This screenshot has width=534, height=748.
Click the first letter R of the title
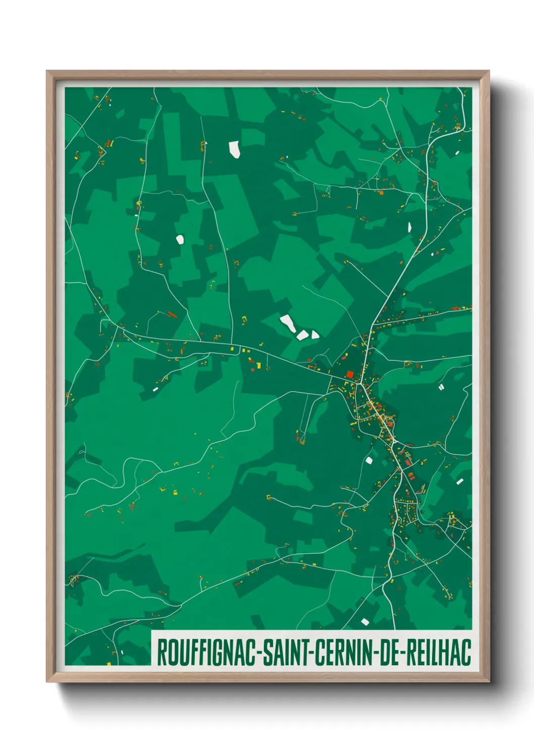click(163, 652)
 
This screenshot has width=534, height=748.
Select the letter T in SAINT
click(307, 652)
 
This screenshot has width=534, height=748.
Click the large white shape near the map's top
click(235, 149)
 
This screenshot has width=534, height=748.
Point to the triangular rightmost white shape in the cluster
click(314, 334)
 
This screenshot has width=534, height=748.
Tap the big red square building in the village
click(350, 375)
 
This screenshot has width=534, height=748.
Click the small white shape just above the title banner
click(365, 622)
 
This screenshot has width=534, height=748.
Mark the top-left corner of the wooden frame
click(47, 72)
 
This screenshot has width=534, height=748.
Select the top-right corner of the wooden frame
click(488, 72)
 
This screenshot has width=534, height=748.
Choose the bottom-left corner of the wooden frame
click(47, 681)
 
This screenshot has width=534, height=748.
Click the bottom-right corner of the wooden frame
click(488, 681)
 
